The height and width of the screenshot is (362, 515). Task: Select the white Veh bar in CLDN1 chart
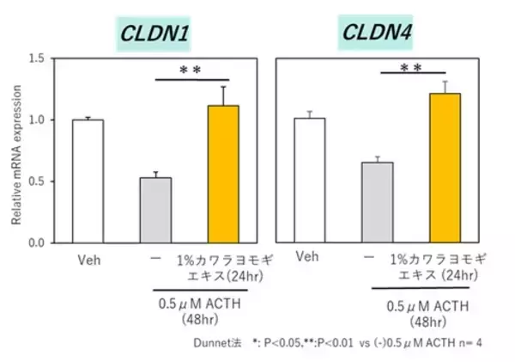click(x=88, y=181)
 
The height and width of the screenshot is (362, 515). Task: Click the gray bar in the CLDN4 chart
click(x=376, y=202)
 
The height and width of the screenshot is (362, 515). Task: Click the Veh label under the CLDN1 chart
click(x=88, y=260)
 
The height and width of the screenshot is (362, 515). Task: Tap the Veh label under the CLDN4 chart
click(x=309, y=256)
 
